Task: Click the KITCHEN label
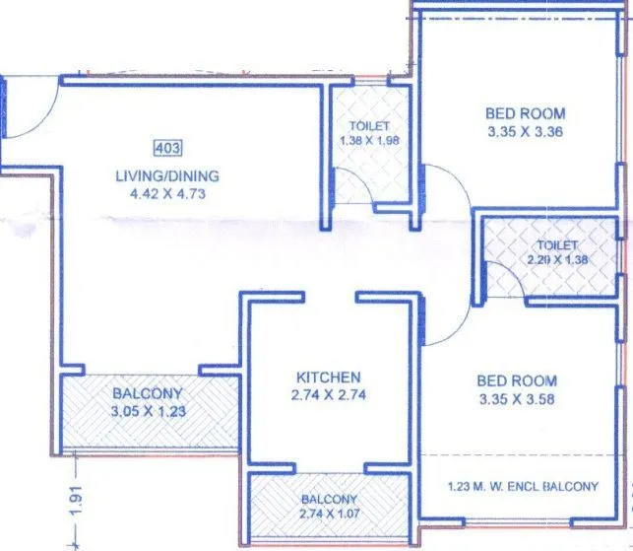point(328,378)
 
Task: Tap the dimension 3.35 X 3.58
point(517,399)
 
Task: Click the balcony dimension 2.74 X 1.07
point(330,514)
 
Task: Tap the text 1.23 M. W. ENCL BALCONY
point(522,487)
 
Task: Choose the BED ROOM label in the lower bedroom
point(517,380)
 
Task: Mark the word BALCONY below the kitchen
point(330,500)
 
